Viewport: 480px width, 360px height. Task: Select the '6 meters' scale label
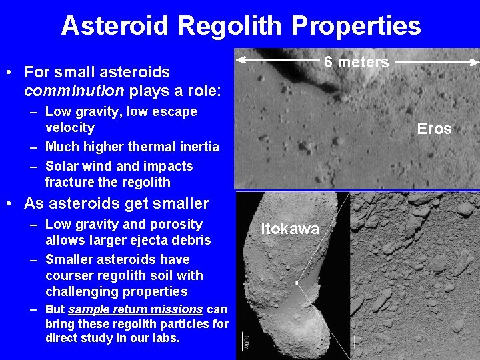pyautogui.click(x=356, y=62)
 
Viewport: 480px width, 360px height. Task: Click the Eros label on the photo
pyautogui.click(x=434, y=129)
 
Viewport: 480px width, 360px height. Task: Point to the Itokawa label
pyautogui.click(x=289, y=229)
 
